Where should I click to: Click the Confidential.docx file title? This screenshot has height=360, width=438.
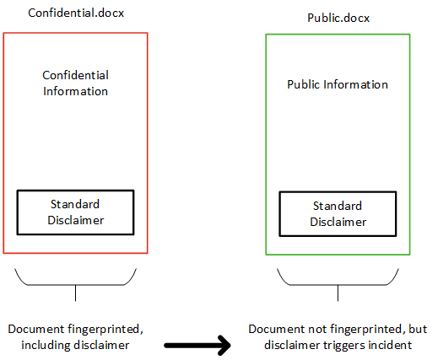click(x=76, y=13)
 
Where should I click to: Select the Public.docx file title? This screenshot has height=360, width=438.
click(x=338, y=18)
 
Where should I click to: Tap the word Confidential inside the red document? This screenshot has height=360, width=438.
click(x=75, y=75)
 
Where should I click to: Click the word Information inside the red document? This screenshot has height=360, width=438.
click(x=75, y=91)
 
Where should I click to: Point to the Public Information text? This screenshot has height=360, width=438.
click(x=338, y=84)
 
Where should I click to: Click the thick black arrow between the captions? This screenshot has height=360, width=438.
click(x=197, y=346)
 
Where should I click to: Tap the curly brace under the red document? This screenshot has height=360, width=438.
click(x=75, y=285)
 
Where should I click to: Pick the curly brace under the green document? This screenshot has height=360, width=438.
click(x=338, y=285)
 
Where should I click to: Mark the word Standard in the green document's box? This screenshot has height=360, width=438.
click(x=338, y=206)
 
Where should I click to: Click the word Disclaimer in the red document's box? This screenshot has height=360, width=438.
click(x=76, y=220)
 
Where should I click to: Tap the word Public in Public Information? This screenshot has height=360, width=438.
click(x=303, y=84)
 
